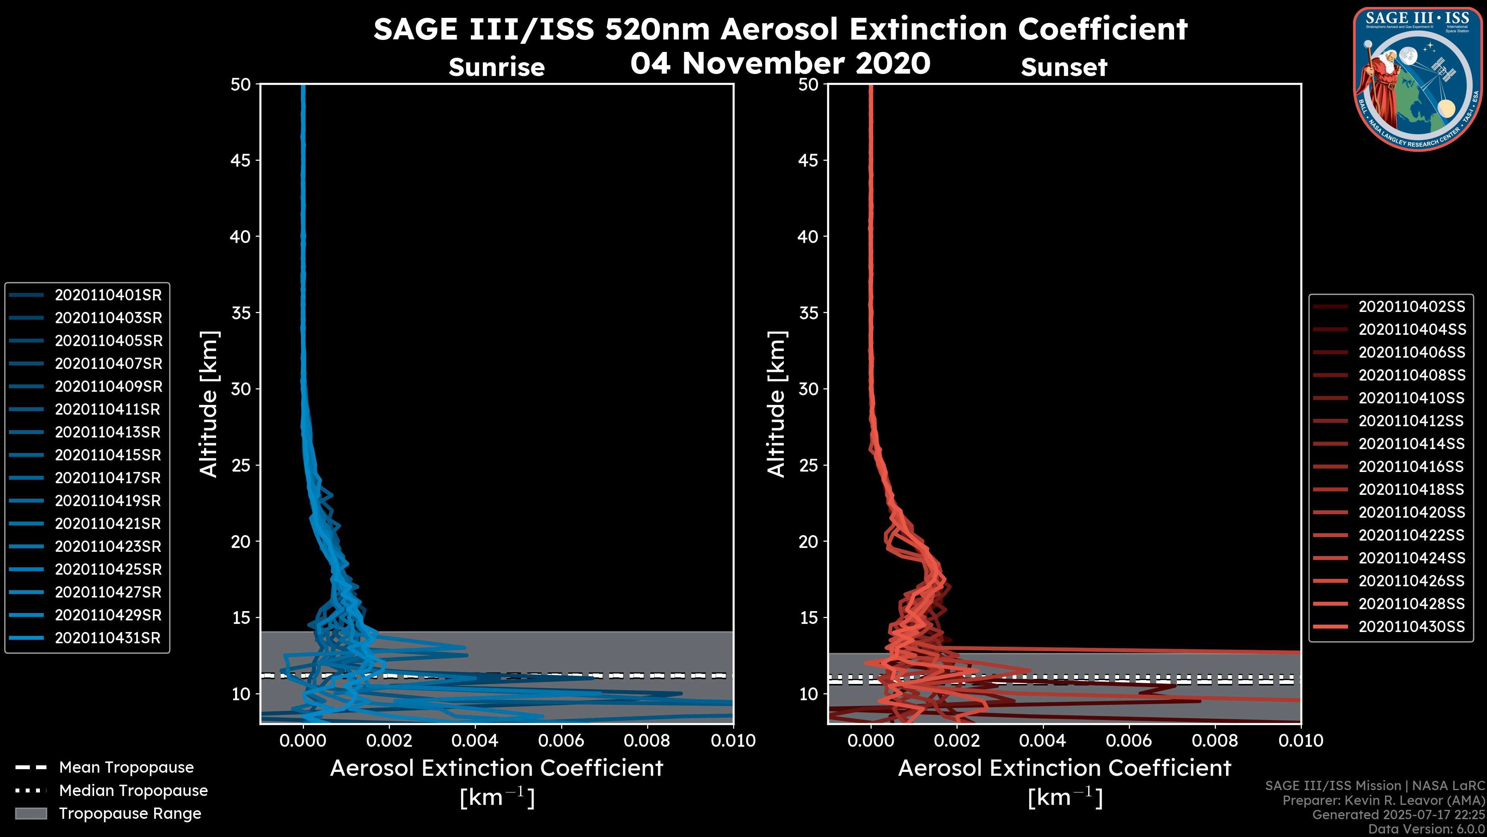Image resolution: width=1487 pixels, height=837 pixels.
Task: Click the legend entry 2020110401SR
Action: [108, 295]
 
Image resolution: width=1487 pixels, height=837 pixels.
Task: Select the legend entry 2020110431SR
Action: [108, 638]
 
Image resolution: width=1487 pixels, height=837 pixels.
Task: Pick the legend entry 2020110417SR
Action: [108, 478]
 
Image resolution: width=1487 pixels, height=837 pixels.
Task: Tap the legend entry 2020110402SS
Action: [1411, 307]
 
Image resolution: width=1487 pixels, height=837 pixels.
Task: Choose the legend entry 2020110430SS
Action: [1411, 627]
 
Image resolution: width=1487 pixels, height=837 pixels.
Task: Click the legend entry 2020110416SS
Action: [1411, 467]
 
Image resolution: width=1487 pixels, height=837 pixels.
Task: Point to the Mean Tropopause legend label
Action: [126, 768]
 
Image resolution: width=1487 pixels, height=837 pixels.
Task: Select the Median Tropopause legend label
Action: [133, 791]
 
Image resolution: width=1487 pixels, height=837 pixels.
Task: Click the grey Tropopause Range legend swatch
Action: [31, 814]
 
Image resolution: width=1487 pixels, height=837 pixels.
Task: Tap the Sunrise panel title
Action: [496, 67]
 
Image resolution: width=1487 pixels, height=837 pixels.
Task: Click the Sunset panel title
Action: [1064, 67]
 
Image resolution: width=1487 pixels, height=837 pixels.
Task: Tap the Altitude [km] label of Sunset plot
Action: [776, 404]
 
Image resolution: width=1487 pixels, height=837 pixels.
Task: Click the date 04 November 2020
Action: [780, 64]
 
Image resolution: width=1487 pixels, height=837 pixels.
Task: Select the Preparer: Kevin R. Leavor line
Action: [1383, 801]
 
